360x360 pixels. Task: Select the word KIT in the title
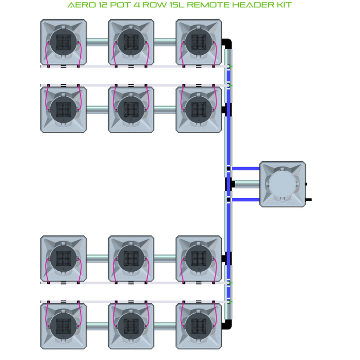[x=283, y=5]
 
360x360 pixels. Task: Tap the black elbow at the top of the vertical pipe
[x=228, y=43]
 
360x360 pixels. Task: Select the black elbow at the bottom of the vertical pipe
[x=228, y=324]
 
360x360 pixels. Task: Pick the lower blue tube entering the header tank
[x=246, y=200]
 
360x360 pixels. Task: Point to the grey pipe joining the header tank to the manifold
[x=247, y=184]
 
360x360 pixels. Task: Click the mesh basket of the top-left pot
[x=63, y=42]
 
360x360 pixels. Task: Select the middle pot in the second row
[x=131, y=109]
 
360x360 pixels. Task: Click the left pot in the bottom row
[x=63, y=325]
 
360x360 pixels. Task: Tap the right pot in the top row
[x=199, y=42]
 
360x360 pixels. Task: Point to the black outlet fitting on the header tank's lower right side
[x=309, y=200]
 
